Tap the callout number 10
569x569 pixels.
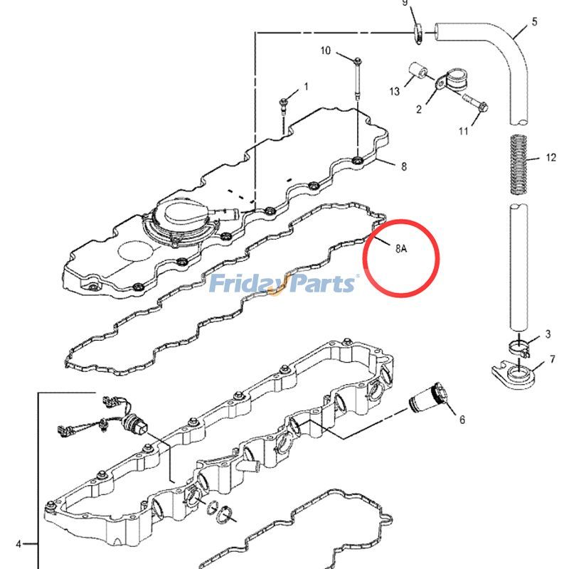[326, 50]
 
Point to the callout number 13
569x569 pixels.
[394, 92]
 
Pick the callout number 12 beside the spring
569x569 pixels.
[551, 157]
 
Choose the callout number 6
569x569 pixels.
[462, 420]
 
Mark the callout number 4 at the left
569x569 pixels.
[18, 545]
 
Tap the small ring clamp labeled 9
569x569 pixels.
[420, 30]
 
